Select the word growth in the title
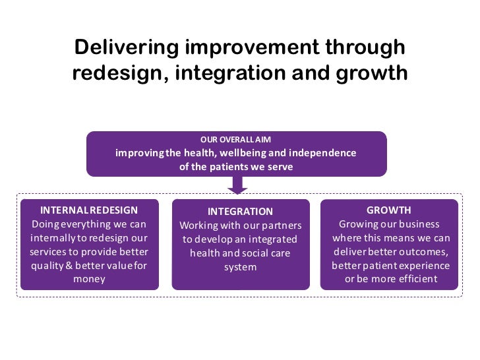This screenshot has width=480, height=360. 373,73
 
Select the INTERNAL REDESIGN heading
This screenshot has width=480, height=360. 89,210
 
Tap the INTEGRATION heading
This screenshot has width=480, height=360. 239,212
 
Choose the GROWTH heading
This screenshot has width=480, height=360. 389,210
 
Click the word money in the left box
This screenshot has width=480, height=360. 89,279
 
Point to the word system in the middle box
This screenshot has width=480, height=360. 240,267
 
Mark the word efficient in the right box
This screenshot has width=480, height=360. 414,279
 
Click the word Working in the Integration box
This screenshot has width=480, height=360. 198,225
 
